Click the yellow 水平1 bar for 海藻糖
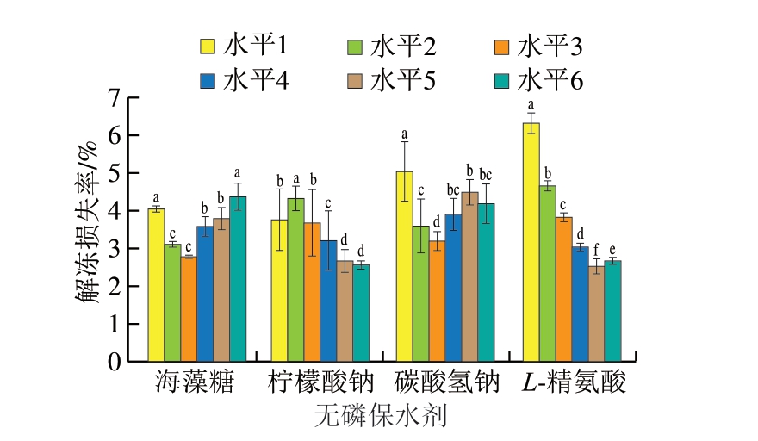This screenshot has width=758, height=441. click(156, 285)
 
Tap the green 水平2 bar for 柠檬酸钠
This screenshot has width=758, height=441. click(295, 280)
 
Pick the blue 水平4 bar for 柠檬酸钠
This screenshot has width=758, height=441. click(328, 301)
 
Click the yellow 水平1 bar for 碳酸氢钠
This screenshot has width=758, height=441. click(403, 267)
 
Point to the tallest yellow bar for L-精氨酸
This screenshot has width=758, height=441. click(531, 242)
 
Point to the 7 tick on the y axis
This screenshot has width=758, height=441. click(113, 98)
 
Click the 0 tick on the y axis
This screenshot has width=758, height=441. click(113, 362)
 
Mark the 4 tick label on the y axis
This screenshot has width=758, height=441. click(113, 211)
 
